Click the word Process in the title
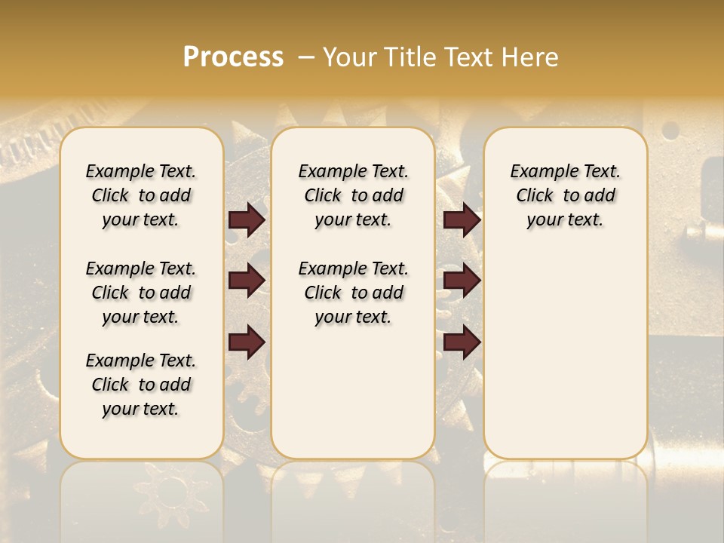click(x=233, y=57)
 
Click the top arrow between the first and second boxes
click(x=247, y=220)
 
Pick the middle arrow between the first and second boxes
click(x=247, y=281)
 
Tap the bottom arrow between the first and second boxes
click(x=247, y=342)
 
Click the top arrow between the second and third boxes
click(x=462, y=220)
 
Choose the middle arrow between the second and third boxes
click(x=462, y=281)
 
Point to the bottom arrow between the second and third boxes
click(x=462, y=342)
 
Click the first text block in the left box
click(x=141, y=195)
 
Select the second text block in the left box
click(x=141, y=293)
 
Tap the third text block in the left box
click(x=141, y=385)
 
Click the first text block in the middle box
click(x=353, y=195)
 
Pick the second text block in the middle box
click(x=353, y=293)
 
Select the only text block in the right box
click(x=565, y=195)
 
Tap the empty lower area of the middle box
click(x=353, y=392)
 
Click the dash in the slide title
click(x=306, y=57)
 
